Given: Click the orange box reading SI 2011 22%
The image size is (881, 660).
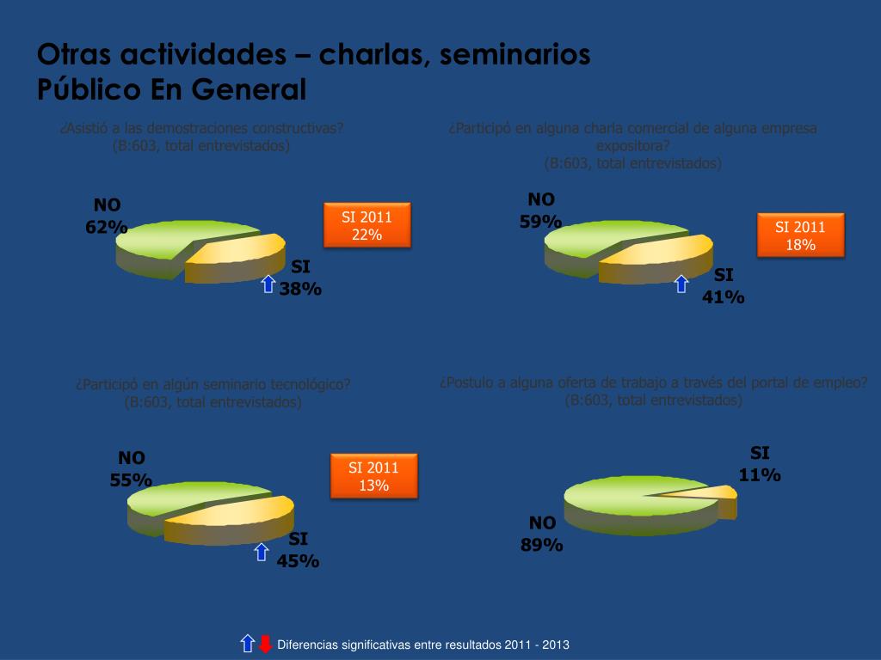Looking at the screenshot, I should (x=367, y=225).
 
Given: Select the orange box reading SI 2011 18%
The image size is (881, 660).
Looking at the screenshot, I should (x=800, y=235).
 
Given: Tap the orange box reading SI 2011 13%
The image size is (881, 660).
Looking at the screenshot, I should (x=373, y=475).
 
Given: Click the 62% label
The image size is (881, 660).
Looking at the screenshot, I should (x=107, y=228).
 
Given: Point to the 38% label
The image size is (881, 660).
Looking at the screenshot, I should (x=300, y=290).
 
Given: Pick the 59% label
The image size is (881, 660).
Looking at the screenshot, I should (x=540, y=222).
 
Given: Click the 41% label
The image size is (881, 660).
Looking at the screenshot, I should (x=724, y=297).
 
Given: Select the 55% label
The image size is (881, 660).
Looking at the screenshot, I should (x=131, y=480).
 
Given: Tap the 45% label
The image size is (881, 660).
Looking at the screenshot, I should (x=298, y=561).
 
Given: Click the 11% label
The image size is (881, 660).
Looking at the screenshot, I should (x=760, y=474).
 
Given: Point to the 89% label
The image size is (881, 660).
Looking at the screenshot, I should (x=541, y=545).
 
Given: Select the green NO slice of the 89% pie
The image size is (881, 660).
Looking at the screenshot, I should (x=628, y=503).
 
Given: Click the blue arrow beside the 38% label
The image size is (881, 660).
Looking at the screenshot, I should (x=268, y=284).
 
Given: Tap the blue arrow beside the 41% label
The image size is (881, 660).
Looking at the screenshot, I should (x=681, y=284).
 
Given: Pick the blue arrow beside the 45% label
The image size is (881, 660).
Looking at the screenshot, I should (x=262, y=552).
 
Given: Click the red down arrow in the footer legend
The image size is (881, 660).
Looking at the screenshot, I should (x=266, y=644).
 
